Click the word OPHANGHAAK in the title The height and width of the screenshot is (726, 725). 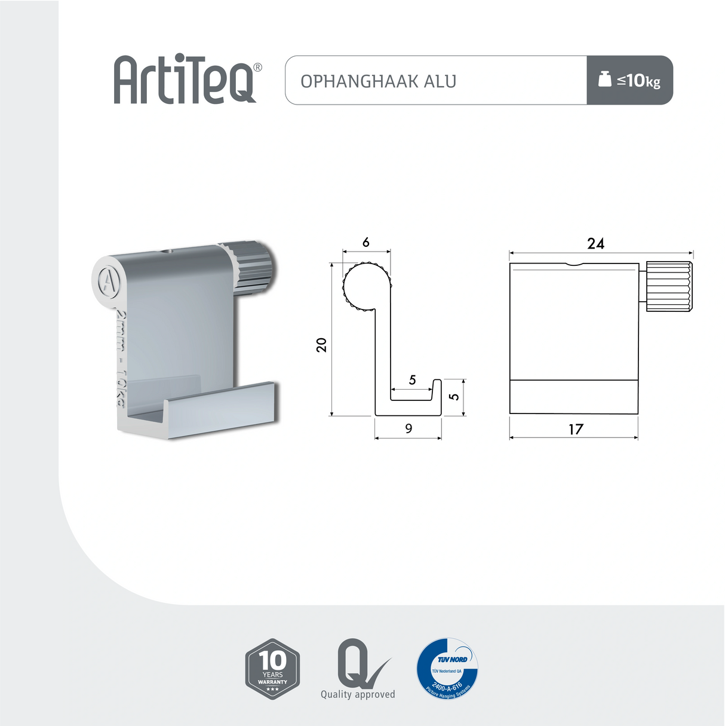[x=360, y=81]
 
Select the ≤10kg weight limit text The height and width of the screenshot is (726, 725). [x=638, y=80]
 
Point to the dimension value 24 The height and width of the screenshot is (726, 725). [x=595, y=243]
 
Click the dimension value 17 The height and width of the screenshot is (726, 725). [x=575, y=429]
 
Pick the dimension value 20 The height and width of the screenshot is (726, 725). [x=321, y=345]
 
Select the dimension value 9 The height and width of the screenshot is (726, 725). [x=408, y=428]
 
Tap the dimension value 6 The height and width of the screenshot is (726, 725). [x=365, y=242]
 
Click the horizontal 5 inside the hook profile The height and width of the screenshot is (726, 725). [x=412, y=380]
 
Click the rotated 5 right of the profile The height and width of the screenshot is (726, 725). [x=454, y=396]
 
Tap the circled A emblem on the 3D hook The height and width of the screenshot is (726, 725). [x=107, y=280]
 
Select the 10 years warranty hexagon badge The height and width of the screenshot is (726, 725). [x=272, y=669]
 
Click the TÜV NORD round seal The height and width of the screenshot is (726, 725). [x=447, y=667]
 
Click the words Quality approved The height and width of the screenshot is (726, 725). [x=358, y=694]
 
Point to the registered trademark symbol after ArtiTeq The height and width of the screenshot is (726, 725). [x=257, y=68]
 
